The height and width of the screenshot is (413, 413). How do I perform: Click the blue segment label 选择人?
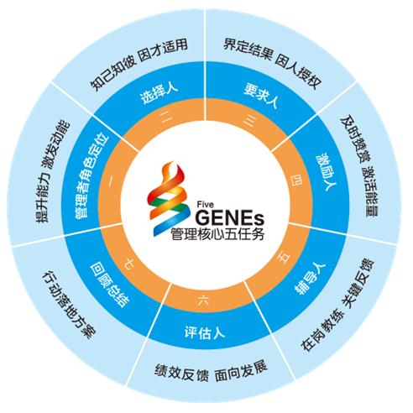pyautogui.click(x=159, y=93)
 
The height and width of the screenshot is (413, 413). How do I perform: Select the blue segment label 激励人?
pyautogui.click(x=327, y=171)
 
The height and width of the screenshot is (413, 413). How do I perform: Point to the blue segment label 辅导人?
pyautogui.click(x=310, y=278)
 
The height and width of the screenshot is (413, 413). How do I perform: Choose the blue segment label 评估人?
pyautogui.click(x=205, y=332)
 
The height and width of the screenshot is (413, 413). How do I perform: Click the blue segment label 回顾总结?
pyautogui.click(x=110, y=285)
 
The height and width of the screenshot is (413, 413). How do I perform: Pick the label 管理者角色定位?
pyautogui.click(x=91, y=175)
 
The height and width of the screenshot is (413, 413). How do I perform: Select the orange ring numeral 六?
pyautogui.click(x=204, y=301)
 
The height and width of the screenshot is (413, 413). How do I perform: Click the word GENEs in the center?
pyautogui.click(x=230, y=218)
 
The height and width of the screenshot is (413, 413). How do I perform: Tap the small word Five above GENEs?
pyautogui.click(x=205, y=205)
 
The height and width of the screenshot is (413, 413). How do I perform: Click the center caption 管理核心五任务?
pyautogui.click(x=218, y=234)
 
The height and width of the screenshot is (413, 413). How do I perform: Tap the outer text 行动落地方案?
pyautogui.click(x=69, y=305)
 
